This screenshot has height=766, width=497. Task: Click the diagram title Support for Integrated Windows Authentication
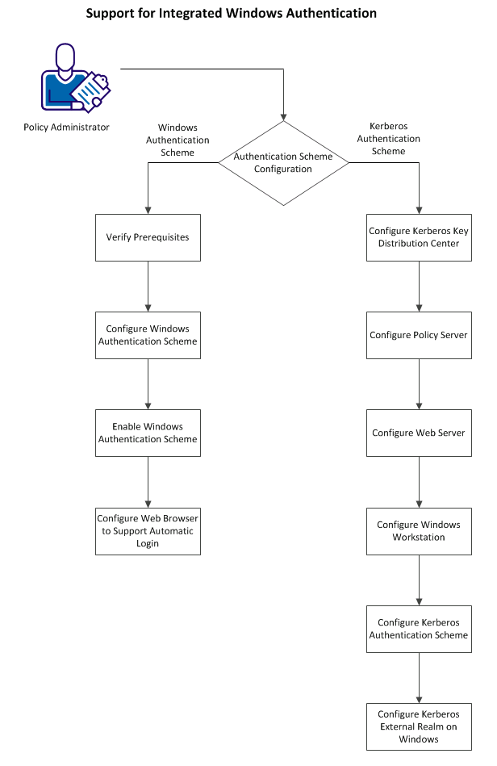(231, 14)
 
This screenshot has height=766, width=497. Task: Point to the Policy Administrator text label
(66, 127)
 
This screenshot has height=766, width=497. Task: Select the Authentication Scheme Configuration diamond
(283, 163)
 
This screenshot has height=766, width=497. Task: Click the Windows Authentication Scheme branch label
(177, 140)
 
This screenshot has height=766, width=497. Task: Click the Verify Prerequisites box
(148, 237)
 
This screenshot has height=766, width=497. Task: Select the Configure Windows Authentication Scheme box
(148, 335)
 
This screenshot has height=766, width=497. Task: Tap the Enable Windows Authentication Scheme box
(148, 433)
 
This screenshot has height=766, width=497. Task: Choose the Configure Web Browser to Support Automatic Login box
(148, 531)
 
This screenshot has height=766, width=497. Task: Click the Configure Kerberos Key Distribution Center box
(419, 237)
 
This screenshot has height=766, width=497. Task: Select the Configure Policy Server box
(419, 335)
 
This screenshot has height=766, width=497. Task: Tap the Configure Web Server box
(419, 433)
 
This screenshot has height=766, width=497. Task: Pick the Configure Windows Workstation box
(419, 531)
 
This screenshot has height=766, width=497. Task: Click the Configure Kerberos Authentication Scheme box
(419, 629)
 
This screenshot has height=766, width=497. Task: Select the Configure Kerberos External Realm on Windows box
(419, 726)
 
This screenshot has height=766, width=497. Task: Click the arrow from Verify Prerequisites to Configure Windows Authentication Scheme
(148, 287)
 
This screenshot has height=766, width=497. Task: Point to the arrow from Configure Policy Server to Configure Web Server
(419, 384)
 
